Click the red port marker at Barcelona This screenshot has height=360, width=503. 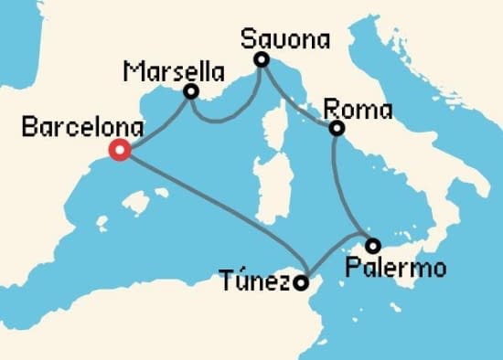click(x=118, y=151)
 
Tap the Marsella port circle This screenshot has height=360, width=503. click(x=191, y=91)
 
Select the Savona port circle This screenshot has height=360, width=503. click(x=261, y=60)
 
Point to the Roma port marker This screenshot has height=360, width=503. click(x=337, y=129)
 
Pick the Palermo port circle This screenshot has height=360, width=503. click(x=372, y=245)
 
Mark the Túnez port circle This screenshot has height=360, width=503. click(x=301, y=284)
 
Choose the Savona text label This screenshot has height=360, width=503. click(x=284, y=37)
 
